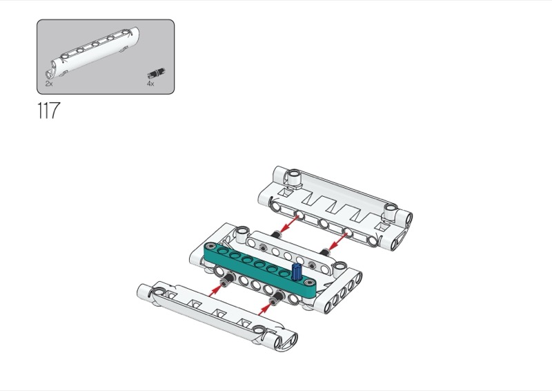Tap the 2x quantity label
click(49, 83)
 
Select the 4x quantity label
click(150, 83)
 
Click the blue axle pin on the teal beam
click(296, 271)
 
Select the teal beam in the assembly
click(255, 266)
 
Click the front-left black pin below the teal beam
click(226, 279)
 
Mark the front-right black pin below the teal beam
click(276, 298)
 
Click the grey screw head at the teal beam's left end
click(209, 247)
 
